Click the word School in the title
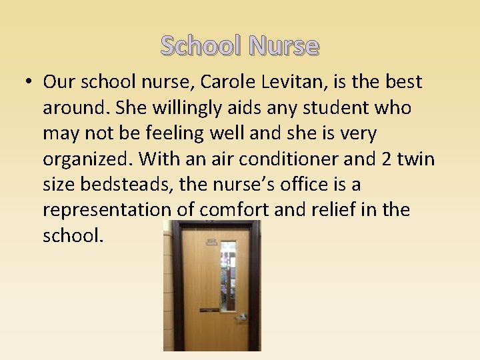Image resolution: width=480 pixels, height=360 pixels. pyautogui.click(x=201, y=46)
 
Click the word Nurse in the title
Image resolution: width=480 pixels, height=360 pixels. pyautogui.click(x=284, y=46)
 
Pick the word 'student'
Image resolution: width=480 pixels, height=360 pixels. pyautogui.click(x=342, y=108)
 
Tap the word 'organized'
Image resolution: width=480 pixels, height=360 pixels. pyautogui.click(x=88, y=159)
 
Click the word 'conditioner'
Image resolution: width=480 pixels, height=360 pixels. pyautogui.click(x=279, y=159)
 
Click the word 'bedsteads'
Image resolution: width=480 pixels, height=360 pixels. pyautogui.click(x=140, y=185)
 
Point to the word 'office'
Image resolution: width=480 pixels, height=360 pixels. pyautogui.click(x=308, y=185)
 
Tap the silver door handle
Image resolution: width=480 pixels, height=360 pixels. pyautogui.click(x=240, y=317)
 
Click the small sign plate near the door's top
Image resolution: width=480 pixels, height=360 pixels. pyautogui.click(x=211, y=241)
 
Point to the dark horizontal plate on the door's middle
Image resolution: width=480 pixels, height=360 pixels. pyautogui.click(x=209, y=310)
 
